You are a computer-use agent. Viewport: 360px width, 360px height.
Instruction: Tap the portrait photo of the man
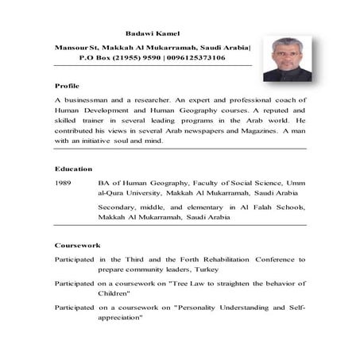[x=287, y=59]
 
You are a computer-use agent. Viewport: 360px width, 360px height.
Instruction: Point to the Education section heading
[x=73, y=168]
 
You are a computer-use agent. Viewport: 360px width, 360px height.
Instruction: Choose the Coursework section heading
[x=77, y=245]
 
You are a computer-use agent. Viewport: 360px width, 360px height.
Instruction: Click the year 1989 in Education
[x=64, y=182]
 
